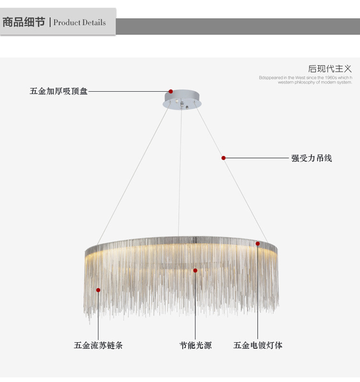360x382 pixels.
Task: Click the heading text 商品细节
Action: tap(24, 22)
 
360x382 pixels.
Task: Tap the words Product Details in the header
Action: tap(80, 23)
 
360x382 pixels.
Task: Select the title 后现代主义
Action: tap(330, 69)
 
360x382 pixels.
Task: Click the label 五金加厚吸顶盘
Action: tap(59, 91)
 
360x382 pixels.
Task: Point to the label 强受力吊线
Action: tap(312, 158)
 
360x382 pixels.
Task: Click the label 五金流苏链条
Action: tap(98, 345)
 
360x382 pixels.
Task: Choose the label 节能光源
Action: tap(195, 345)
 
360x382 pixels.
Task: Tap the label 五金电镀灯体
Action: tap(258, 345)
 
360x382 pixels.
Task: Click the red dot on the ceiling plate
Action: tap(170, 91)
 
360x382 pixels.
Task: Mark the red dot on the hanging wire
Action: tap(224, 158)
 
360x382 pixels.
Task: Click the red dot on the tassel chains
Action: tap(98, 290)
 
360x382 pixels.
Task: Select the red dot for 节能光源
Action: tap(195, 271)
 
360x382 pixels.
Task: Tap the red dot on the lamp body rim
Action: tap(258, 244)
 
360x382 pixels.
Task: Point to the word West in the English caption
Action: tap(300, 77)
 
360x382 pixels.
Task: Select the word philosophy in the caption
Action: tap(305, 82)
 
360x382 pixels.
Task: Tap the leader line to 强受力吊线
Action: tap(257, 158)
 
